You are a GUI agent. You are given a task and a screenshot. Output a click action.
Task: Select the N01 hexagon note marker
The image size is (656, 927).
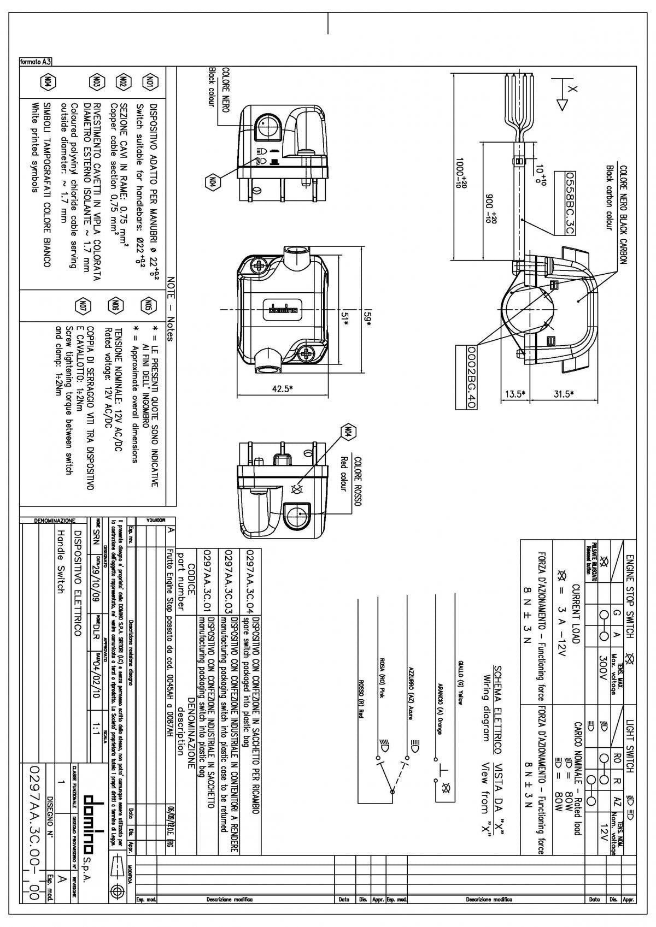[x=149, y=82]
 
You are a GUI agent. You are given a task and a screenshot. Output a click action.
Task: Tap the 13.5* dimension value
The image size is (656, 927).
[x=514, y=393]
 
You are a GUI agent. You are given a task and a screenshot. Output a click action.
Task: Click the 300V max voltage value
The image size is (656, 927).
[x=604, y=663]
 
